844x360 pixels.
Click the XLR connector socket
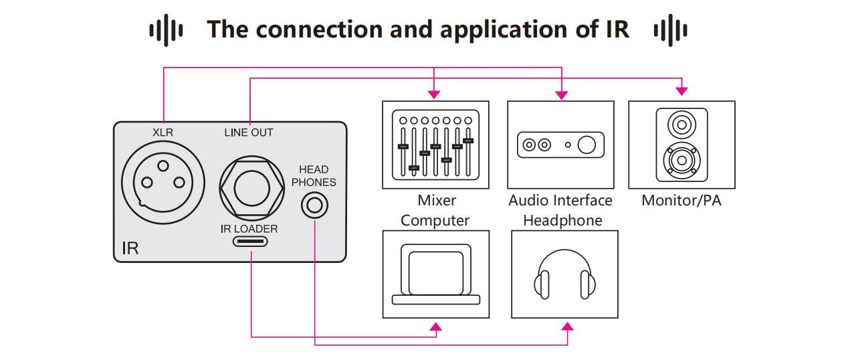[162, 181]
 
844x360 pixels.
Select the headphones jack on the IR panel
[314, 205]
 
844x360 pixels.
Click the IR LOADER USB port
[249, 242]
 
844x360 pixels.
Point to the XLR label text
[163, 132]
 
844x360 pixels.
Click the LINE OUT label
[249, 132]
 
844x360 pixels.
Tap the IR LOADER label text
[249, 229]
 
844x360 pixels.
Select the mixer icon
[435, 144]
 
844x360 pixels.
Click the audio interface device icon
[560, 145]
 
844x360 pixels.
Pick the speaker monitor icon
[681, 145]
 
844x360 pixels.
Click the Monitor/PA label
[681, 200]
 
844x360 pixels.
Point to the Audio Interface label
[560, 200]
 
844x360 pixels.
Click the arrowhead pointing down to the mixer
[435, 93]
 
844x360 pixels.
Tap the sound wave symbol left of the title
[165, 31]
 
